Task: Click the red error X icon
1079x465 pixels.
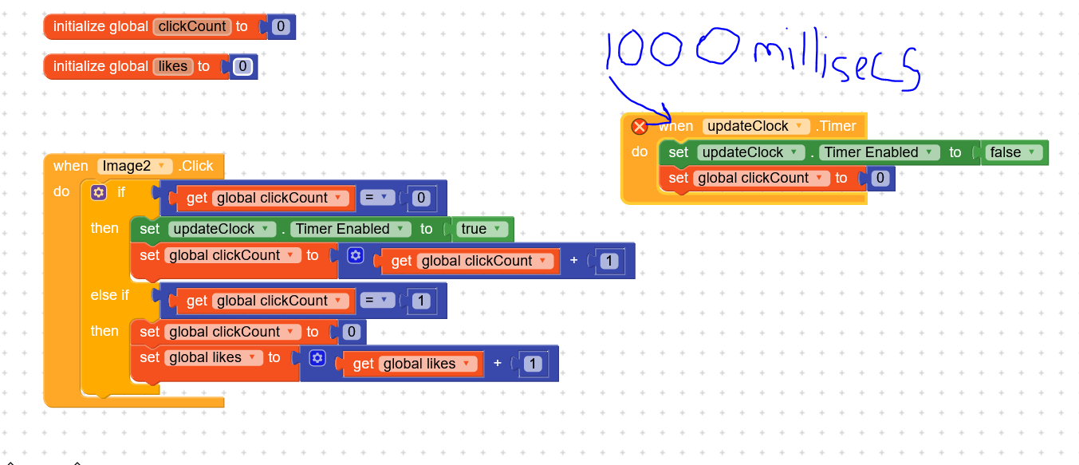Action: (x=639, y=127)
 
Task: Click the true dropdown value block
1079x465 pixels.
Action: (x=482, y=229)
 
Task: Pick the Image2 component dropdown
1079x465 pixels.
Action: (x=134, y=166)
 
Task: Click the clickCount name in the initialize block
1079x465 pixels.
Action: (x=192, y=26)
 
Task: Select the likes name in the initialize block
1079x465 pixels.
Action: (x=172, y=66)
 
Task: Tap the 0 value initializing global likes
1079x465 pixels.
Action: (x=243, y=67)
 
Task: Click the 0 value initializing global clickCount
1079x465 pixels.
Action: (x=281, y=27)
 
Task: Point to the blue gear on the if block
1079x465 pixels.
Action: (x=99, y=192)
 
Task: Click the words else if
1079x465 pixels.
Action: (x=109, y=295)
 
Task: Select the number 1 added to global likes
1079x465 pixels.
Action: (x=533, y=365)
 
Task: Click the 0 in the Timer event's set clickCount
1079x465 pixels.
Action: (x=880, y=179)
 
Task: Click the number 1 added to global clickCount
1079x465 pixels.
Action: (x=609, y=261)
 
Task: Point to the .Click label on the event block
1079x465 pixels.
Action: (x=196, y=166)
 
